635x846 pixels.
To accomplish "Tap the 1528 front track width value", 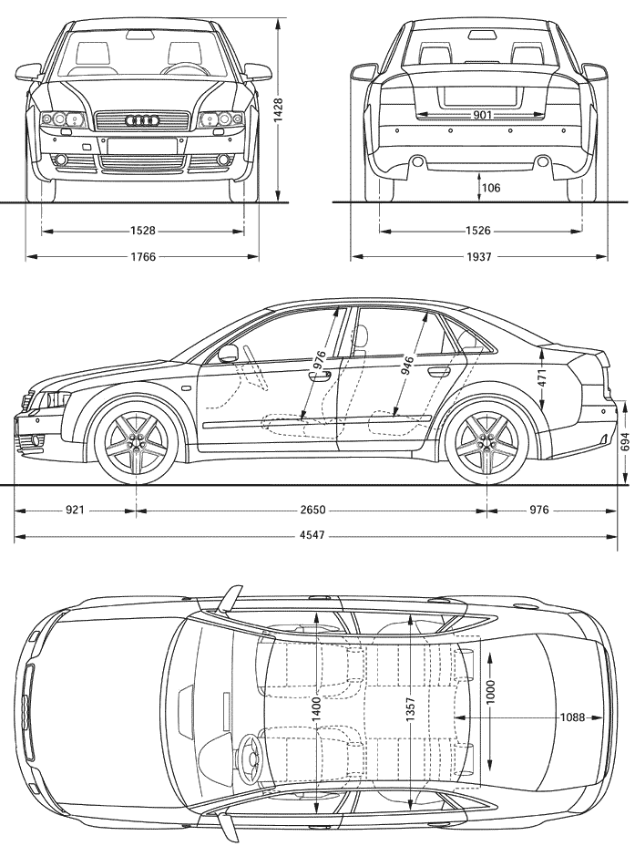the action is click(x=143, y=231).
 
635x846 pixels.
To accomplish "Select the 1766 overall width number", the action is click(x=143, y=257).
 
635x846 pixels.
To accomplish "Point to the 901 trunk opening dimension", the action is click(x=482, y=114).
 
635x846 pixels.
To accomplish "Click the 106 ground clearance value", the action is click(x=491, y=188).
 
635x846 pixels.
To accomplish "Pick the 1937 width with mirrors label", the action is click(x=478, y=257).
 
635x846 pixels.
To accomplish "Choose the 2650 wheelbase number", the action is click(x=312, y=510).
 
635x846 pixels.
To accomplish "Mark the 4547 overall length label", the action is click(x=312, y=535).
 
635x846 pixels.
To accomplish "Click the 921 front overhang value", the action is click(x=75, y=510).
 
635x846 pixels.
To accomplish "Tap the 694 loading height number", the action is click(x=625, y=442).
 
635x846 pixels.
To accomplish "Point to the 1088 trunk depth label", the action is click(x=572, y=717).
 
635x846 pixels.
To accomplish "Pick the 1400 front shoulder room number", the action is click(x=316, y=709).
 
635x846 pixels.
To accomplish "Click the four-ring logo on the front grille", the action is click(x=141, y=121).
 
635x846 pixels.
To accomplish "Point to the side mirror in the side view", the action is click(x=229, y=354).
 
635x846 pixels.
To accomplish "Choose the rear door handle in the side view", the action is click(x=439, y=371).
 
